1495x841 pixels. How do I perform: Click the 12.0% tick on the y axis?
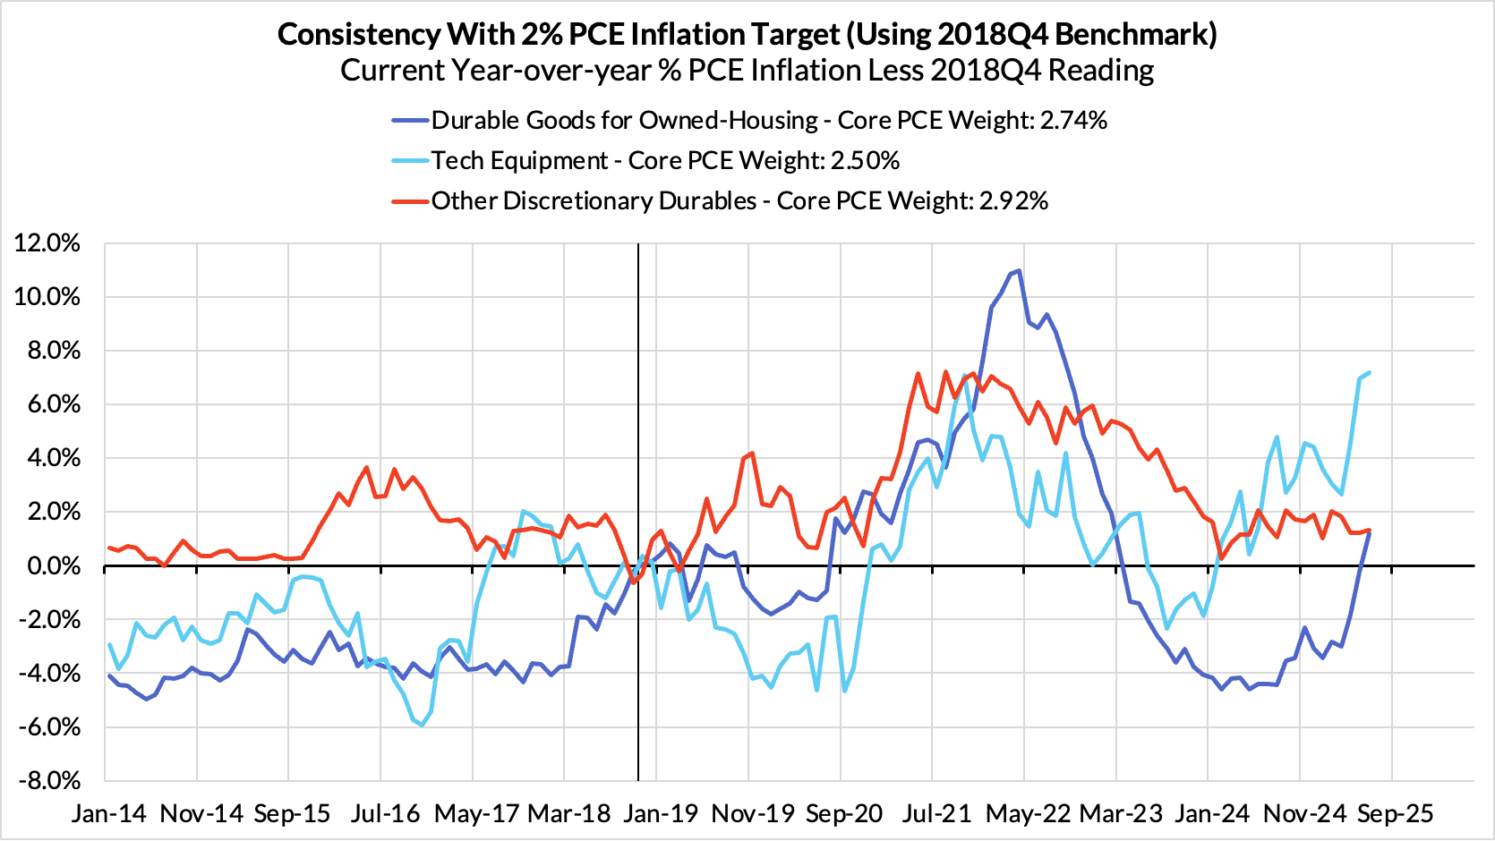tap(47, 243)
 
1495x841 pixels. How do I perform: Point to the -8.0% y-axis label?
tap(47, 780)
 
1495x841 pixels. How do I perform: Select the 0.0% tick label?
tap(53, 565)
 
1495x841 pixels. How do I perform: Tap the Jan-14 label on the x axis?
tap(109, 814)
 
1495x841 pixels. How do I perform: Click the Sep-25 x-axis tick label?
tap(1395, 814)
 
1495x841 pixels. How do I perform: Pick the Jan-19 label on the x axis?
tap(661, 814)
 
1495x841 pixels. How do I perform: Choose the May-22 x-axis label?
tap(1028, 814)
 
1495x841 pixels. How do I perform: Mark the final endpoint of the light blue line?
tap(1370, 373)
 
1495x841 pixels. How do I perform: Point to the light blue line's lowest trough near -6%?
tap(422, 726)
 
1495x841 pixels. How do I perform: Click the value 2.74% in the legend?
tap(1073, 121)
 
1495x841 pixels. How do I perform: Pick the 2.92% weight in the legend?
tap(1013, 201)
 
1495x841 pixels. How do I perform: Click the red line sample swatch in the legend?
tap(410, 201)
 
